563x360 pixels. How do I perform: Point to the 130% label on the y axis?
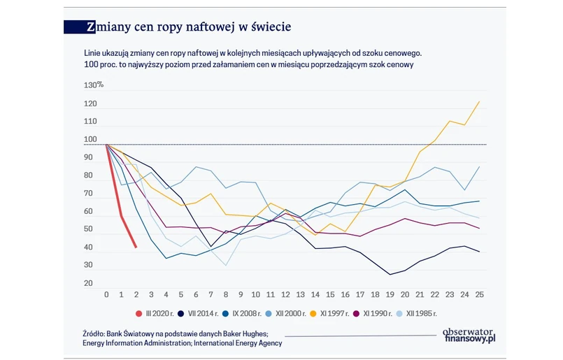(94, 85)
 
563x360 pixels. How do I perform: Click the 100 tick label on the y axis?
(91, 140)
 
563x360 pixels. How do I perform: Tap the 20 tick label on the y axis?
(89, 283)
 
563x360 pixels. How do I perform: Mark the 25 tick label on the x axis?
(479, 295)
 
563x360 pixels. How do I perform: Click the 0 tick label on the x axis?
(106, 295)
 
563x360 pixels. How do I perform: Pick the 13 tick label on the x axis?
(300, 295)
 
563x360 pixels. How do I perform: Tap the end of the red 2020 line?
(136, 246)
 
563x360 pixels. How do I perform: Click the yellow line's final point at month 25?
(479, 102)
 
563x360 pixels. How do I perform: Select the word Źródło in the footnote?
(97, 334)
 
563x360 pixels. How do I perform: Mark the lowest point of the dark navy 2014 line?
(390, 275)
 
